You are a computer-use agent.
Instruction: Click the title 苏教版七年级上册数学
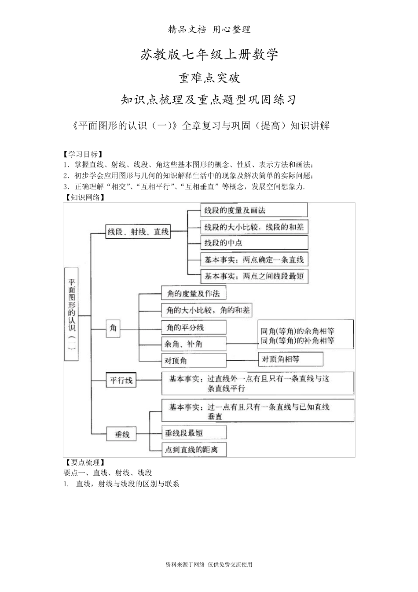[209, 55]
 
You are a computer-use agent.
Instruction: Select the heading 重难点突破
[209, 78]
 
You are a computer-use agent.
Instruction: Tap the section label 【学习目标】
[83, 155]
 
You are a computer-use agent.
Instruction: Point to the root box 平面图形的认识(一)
[71, 314]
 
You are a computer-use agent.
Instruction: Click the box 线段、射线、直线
[138, 232]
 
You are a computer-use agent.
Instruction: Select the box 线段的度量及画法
[254, 210]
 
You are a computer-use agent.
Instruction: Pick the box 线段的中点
[254, 243]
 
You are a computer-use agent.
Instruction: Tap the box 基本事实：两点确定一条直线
[254, 259]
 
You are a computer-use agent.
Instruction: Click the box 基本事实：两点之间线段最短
[254, 277]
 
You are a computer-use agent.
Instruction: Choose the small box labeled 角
[114, 328]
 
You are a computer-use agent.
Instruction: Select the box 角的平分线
[194, 327]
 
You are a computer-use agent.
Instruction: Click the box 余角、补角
[194, 344]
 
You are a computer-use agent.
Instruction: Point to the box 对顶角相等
[290, 359]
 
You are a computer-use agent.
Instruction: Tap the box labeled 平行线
[121, 380]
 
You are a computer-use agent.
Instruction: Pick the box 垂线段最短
[194, 433]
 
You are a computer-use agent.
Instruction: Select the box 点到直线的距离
[194, 449]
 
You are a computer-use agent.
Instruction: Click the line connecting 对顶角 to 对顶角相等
[242, 360]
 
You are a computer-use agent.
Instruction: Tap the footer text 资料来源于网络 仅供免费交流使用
[209, 565]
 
